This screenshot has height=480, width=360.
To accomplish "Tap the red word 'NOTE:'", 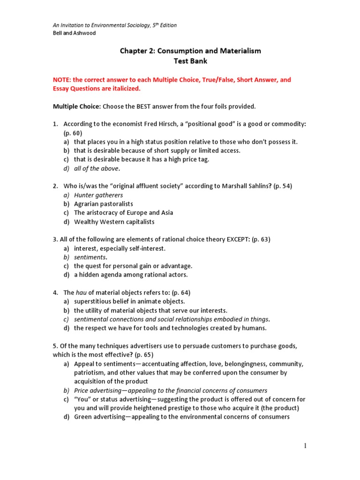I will (62, 80).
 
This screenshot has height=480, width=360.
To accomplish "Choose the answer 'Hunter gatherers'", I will (98, 195).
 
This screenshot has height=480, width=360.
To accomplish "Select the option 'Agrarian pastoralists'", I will (104, 204).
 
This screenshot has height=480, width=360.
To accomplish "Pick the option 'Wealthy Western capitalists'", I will (114, 222).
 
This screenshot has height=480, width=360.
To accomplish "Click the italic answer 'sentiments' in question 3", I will (90, 257).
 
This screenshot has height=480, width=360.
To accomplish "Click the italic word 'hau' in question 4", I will (81, 292).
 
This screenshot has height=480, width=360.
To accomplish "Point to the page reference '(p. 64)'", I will (178, 292).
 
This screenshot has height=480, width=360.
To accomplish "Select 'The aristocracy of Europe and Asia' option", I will (123, 213).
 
